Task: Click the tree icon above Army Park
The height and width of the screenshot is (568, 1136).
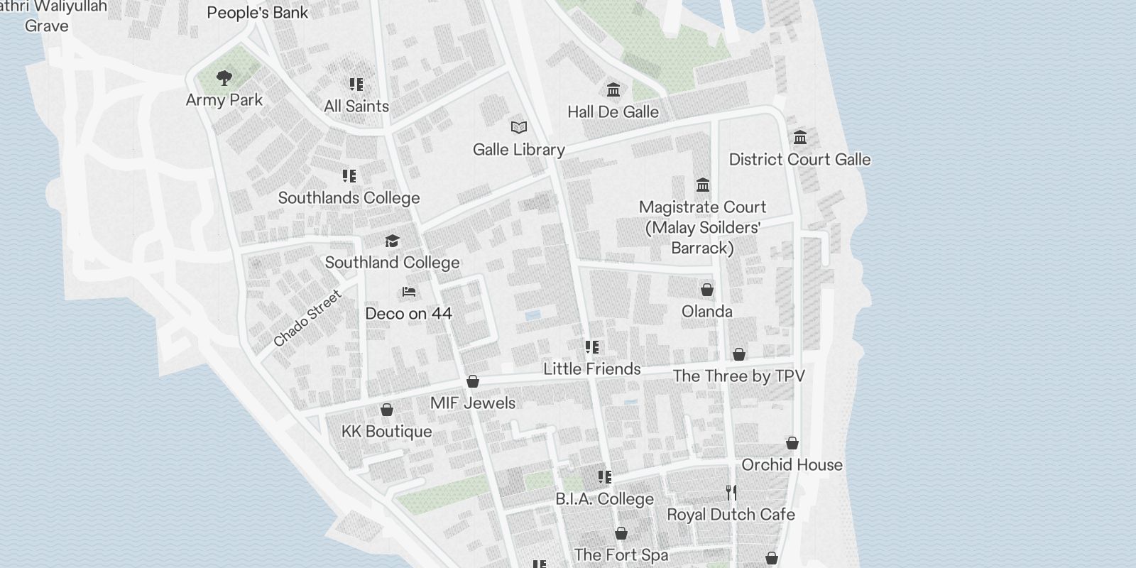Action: click(224, 78)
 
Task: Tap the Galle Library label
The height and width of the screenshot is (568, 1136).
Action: click(519, 150)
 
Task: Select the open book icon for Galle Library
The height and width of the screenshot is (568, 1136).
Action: click(519, 128)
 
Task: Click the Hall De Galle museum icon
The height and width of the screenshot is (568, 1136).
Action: click(613, 90)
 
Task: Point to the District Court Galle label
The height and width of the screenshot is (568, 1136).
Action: click(799, 160)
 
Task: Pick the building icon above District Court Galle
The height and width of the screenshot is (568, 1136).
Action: click(800, 137)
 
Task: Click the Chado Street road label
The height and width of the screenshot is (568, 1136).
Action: click(307, 319)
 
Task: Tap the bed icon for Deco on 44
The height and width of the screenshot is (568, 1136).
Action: click(408, 292)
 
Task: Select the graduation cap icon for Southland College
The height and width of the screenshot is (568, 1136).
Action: click(392, 241)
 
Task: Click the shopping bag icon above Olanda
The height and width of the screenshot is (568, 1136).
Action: click(707, 290)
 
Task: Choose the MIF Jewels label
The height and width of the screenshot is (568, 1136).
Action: click(473, 403)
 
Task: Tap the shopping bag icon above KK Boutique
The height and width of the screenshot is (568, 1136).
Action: click(387, 410)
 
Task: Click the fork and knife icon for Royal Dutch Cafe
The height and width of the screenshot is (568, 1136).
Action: click(731, 493)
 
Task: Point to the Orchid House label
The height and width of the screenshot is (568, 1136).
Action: click(792, 465)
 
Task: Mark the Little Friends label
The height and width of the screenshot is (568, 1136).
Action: click(592, 369)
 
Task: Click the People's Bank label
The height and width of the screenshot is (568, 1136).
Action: click(258, 13)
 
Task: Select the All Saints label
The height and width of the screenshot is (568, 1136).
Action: click(356, 106)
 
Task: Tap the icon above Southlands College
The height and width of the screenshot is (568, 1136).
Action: click(349, 176)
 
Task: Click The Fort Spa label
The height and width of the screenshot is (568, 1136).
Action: click(621, 555)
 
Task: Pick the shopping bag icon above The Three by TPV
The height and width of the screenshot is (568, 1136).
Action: click(739, 354)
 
